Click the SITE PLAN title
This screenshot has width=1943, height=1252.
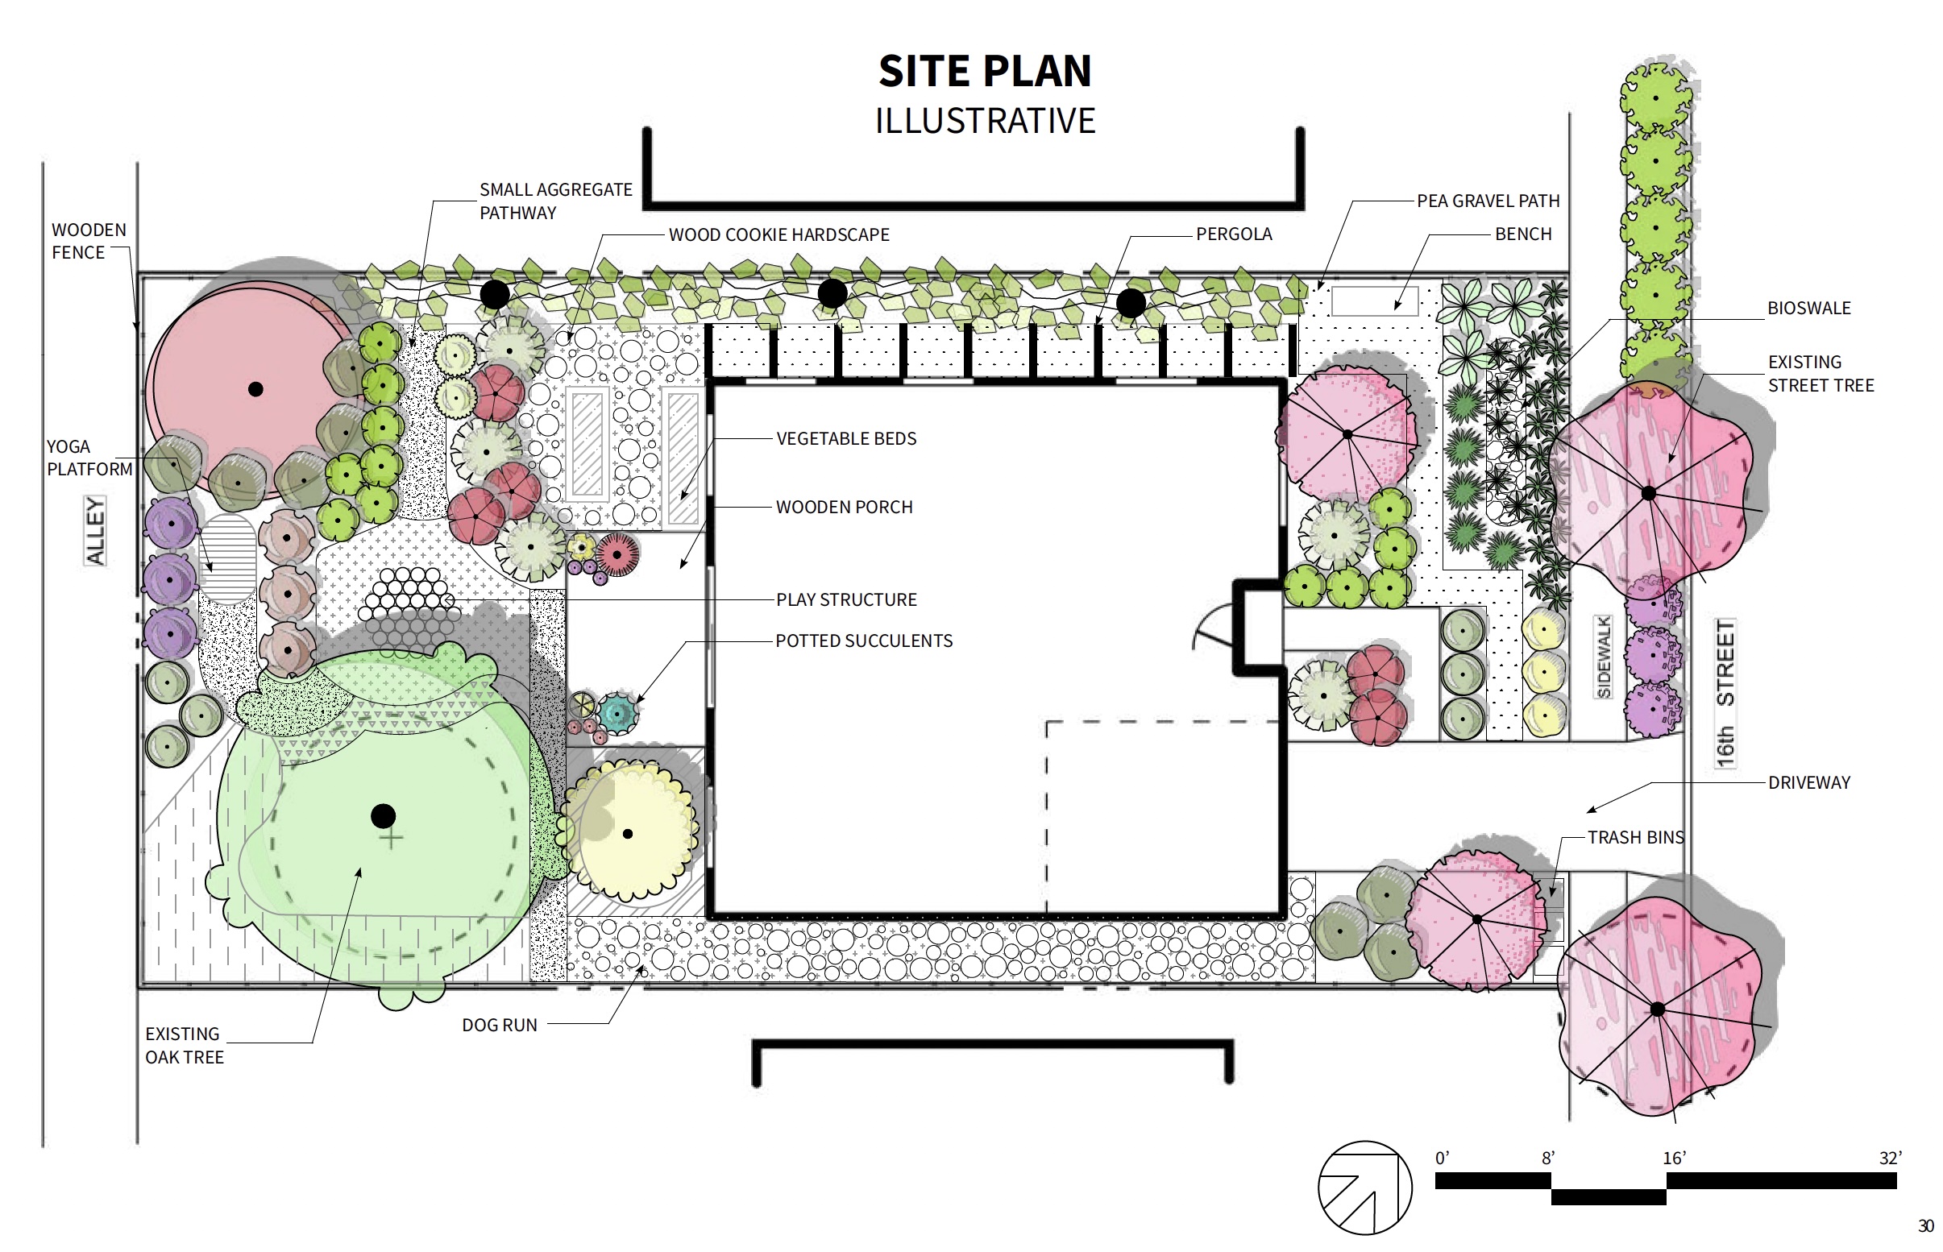coord(985,72)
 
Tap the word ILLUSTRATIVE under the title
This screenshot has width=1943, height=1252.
coord(985,121)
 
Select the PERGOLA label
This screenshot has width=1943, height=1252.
coord(1233,234)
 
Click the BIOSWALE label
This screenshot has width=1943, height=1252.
coord(1809,308)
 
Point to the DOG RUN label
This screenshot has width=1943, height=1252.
coord(500,1025)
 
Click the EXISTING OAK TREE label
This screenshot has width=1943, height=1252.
coord(185,1046)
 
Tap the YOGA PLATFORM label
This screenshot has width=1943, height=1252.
coord(89,458)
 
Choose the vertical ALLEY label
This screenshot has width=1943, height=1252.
coord(96,531)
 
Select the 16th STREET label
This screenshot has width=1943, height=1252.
coord(1725,693)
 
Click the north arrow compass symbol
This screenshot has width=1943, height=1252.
coord(1365,1188)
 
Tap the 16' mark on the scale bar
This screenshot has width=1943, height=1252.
coord(1674,1158)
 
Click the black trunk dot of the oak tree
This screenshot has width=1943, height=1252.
coord(384,815)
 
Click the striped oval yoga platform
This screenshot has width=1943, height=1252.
coord(226,558)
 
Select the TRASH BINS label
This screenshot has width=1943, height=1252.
coord(1636,837)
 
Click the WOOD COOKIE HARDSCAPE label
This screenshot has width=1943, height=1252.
coord(778,235)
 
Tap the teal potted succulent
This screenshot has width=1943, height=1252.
coord(619,713)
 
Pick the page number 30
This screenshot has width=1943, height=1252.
coord(1925,1226)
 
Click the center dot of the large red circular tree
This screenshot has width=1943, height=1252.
coord(255,388)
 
